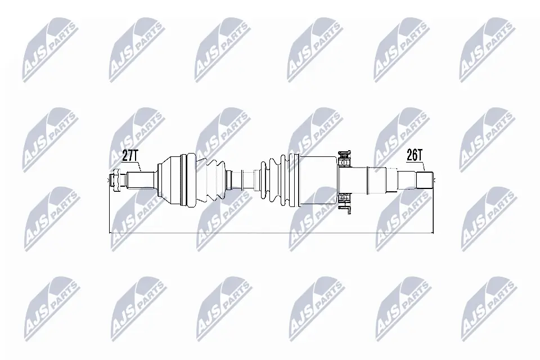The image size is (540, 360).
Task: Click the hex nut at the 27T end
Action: (x=116, y=180)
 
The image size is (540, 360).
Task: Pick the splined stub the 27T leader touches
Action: (x=141, y=180)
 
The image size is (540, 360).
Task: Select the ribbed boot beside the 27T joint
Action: (x=214, y=180)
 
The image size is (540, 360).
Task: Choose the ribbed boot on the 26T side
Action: (x=278, y=179)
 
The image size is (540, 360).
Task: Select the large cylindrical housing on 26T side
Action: (x=318, y=179)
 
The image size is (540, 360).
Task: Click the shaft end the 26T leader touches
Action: (x=425, y=180)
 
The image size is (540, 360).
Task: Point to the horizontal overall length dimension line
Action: (x=270, y=232)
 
